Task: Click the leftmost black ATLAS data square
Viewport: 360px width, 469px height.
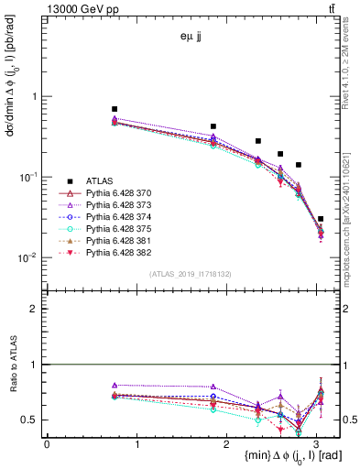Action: [x=115, y=109]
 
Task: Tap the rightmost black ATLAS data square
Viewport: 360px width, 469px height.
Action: [x=321, y=219]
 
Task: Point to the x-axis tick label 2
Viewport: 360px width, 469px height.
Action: [x=228, y=443]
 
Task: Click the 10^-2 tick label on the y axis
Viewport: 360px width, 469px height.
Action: [x=30, y=258]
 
